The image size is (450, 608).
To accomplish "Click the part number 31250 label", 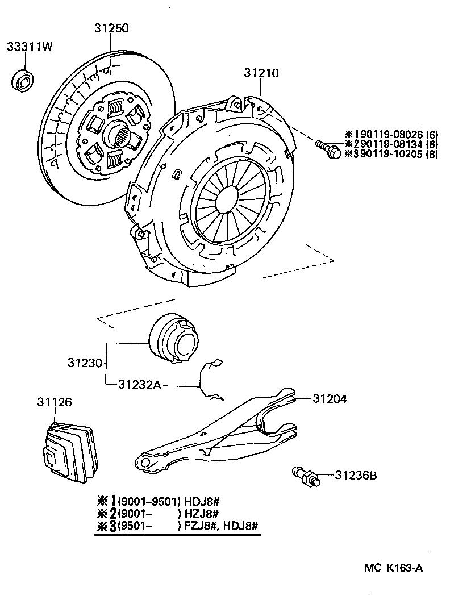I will pyautogui.click(x=112, y=27).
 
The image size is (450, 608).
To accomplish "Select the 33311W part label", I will pyautogui.click(x=30, y=47).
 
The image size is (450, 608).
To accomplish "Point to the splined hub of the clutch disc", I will pyautogui.click(x=121, y=136).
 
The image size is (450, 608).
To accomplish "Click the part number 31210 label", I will pyautogui.click(x=261, y=73).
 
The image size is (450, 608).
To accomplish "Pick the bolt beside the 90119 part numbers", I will pyautogui.click(x=328, y=148).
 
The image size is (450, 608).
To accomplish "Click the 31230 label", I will pyautogui.click(x=85, y=362).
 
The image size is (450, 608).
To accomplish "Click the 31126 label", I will pyautogui.click(x=55, y=402).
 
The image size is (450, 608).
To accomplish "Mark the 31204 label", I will pyautogui.click(x=330, y=399).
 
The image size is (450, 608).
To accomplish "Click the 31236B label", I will pyautogui.click(x=356, y=474).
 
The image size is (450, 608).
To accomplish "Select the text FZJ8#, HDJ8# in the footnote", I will pyautogui.click(x=221, y=525).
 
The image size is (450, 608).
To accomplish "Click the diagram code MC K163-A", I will pyautogui.click(x=393, y=568).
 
